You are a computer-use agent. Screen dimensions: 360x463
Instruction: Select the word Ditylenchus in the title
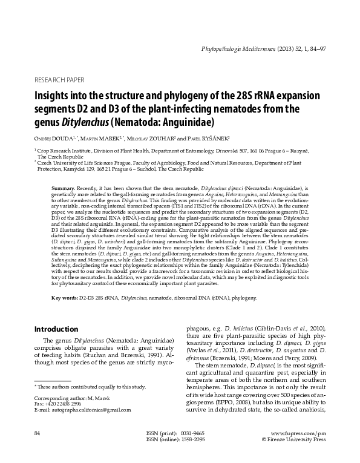(x=80, y=122)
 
